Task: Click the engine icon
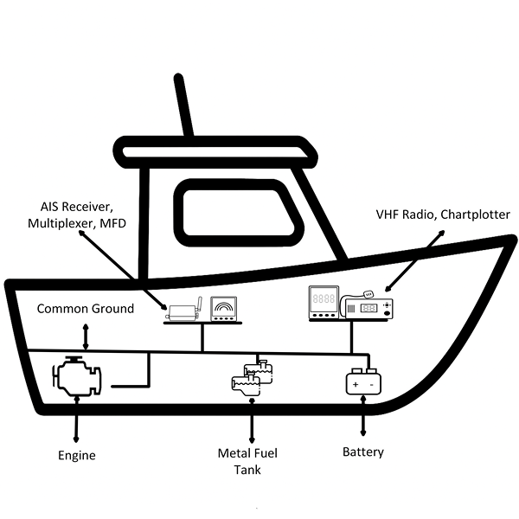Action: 77,378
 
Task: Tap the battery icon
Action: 363,381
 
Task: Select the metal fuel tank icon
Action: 252,379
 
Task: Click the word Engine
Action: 77,455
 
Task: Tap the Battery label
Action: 363,452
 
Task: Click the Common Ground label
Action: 86,308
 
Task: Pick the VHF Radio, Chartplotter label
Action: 443,214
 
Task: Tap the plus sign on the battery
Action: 356,381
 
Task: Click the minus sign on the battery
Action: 372,381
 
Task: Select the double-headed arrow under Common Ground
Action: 85,336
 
